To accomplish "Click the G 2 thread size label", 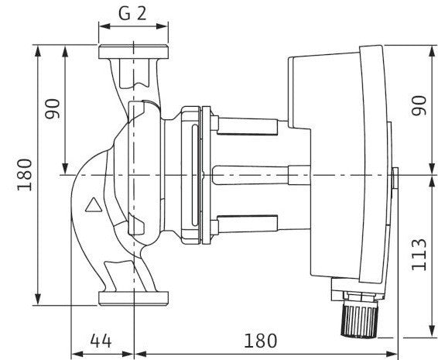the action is [132, 13].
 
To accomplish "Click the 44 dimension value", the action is [101, 341].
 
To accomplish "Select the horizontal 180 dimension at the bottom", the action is [261, 341].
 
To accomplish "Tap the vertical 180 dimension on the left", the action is [25, 175].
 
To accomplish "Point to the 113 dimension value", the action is [419, 255].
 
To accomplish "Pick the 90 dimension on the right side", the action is [419, 105].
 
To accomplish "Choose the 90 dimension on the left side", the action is [53, 108].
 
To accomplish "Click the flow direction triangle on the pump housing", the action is [94, 205].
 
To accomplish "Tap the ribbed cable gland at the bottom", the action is [359, 321].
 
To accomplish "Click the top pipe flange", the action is [133, 52].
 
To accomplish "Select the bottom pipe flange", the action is [133, 299].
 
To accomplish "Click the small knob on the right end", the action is [395, 178].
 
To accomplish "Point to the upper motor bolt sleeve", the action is [247, 126].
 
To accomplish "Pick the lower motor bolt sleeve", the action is [247, 225].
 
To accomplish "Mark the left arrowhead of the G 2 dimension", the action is [104, 26].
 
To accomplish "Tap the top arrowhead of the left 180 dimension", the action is [38, 50].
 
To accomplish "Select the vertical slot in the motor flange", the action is [195, 175].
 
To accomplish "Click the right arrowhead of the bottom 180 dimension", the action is [391, 354].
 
